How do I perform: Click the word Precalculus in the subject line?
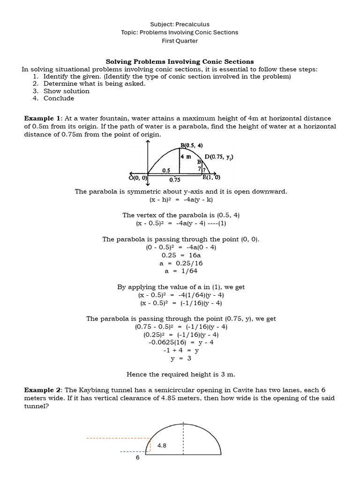pyautogui.click(x=194, y=24)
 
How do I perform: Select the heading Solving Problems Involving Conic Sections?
pyautogui.click(x=180, y=61)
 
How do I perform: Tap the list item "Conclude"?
pyautogui.click(x=59, y=98)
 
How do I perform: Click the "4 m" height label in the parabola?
pyautogui.click(x=187, y=157)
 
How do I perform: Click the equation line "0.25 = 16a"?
pyautogui.click(x=180, y=255)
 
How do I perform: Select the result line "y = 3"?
pyautogui.click(x=180, y=359)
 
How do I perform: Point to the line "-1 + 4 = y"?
pyautogui.click(x=180, y=351)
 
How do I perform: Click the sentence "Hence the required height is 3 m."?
pyautogui.click(x=180, y=375)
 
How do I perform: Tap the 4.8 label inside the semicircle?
pyautogui.click(x=162, y=446)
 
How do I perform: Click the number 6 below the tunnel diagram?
pyautogui.click(x=137, y=457)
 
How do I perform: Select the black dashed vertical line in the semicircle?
pyautogui.click(x=183, y=438)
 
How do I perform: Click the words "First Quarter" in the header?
pyautogui.click(x=180, y=41)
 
